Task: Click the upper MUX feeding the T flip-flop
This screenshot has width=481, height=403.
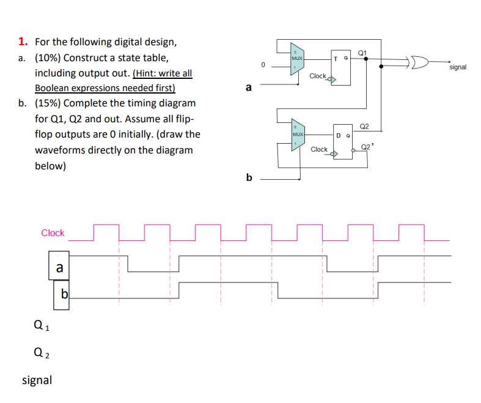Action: pyautogui.click(x=297, y=58)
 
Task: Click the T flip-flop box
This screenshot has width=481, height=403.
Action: pyautogui.click(x=341, y=66)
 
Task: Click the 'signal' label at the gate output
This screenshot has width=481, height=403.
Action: pyautogui.click(x=457, y=67)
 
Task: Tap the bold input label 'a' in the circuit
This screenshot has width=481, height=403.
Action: pyautogui.click(x=248, y=87)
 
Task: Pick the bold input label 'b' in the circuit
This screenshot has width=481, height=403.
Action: pyautogui.click(x=248, y=177)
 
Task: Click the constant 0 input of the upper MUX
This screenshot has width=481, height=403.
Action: pyautogui.click(x=262, y=64)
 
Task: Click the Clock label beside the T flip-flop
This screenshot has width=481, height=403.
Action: pyautogui.click(x=318, y=76)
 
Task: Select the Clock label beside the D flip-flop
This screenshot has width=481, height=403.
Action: pyautogui.click(x=319, y=149)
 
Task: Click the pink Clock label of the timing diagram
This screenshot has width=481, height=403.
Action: pyautogui.click(x=53, y=233)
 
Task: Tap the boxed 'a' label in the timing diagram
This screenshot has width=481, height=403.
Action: pyautogui.click(x=59, y=267)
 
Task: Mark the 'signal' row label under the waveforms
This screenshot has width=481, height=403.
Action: pyautogui.click(x=37, y=380)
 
